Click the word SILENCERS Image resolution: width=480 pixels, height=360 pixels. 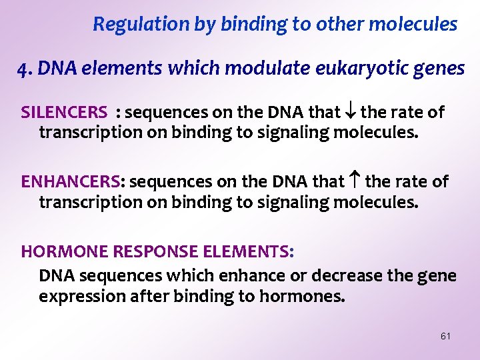(64, 112)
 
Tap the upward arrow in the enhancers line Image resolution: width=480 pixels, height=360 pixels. (355, 181)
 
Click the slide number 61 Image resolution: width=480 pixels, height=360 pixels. (445, 336)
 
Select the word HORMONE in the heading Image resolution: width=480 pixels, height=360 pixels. (54, 251)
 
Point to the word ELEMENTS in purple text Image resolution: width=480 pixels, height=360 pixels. (251, 251)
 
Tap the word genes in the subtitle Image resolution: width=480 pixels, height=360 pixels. (441, 68)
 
